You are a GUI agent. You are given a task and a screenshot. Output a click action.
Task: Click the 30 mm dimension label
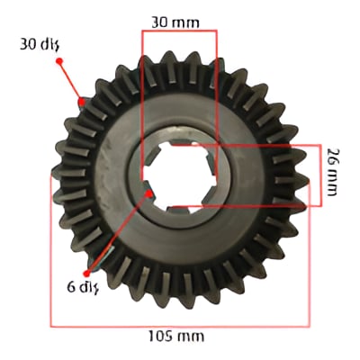(175, 22)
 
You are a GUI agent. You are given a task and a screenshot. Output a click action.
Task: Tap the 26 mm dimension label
(333, 172)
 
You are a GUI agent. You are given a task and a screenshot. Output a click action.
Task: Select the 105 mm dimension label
(176, 337)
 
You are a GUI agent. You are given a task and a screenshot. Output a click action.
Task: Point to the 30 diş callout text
(40, 45)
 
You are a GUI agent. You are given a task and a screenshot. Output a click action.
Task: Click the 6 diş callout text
(83, 288)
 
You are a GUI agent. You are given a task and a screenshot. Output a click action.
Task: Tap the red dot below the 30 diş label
(59, 61)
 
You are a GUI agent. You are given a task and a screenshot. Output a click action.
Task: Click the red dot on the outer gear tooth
(81, 102)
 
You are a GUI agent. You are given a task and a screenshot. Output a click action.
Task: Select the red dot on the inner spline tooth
(148, 193)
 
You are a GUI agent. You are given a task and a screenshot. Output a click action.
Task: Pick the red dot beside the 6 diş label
(87, 274)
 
